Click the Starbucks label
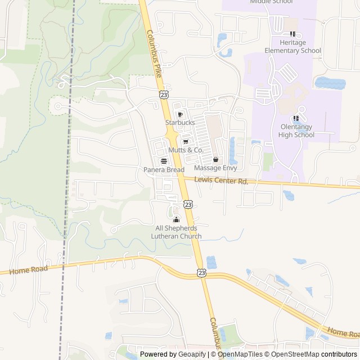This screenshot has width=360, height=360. click(x=180, y=122)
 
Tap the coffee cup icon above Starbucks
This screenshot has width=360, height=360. click(x=180, y=114)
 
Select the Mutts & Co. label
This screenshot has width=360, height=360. click(x=186, y=150)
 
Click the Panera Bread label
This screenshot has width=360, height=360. click(x=164, y=169)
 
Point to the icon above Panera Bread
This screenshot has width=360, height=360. click(x=164, y=161)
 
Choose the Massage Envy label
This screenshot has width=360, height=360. click(x=215, y=168)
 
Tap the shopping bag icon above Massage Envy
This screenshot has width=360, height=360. click(x=215, y=160)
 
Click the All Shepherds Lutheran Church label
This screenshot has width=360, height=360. click(x=176, y=232)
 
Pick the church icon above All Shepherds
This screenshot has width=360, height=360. click(x=176, y=219)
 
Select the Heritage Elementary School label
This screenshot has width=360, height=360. click(x=296, y=46)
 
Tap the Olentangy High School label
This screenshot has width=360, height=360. click(x=296, y=130)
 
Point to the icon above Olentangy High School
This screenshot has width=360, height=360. click(x=296, y=118)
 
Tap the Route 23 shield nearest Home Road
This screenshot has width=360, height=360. click(x=201, y=272)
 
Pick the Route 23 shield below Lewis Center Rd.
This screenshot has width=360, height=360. click(x=188, y=204)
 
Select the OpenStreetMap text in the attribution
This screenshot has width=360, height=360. click(x=294, y=354)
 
